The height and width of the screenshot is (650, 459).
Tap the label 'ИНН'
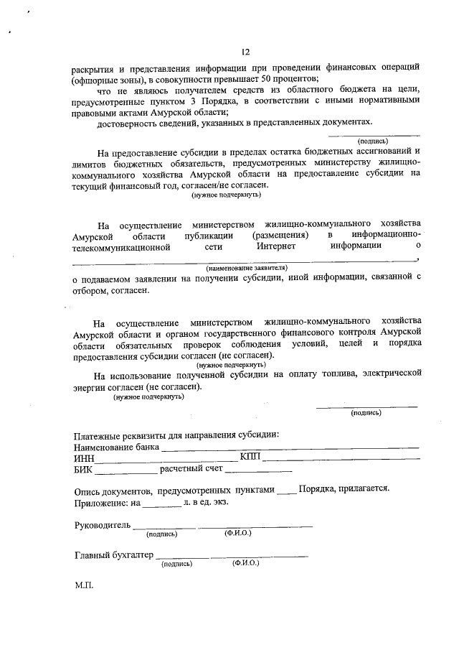point(84,458)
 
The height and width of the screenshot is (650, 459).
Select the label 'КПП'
point(250,457)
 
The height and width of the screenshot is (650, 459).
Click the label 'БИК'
point(83,470)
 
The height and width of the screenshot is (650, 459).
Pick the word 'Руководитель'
point(103,525)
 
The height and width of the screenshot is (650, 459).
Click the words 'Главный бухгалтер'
point(114,555)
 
